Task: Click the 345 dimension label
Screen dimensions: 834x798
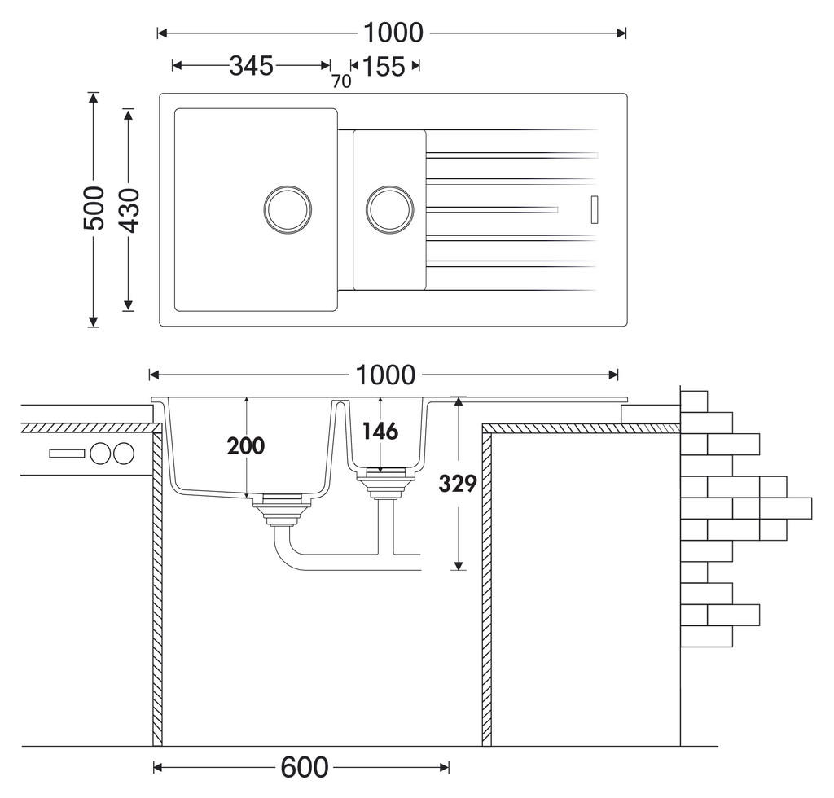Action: (251, 66)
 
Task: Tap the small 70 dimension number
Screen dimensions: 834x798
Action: (341, 81)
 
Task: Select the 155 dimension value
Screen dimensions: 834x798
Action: (384, 67)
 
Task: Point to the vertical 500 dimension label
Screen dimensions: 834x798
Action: (94, 208)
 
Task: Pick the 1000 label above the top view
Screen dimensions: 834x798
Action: (393, 33)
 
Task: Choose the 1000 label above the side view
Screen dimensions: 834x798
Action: (385, 375)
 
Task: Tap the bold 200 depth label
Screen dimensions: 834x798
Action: (246, 446)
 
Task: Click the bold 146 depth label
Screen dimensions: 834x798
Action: (380, 432)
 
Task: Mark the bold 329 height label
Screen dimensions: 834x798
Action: (458, 484)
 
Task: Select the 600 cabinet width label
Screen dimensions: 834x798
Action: (305, 768)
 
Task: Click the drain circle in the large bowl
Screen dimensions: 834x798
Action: (288, 209)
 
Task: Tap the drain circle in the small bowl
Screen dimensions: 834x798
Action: (390, 209)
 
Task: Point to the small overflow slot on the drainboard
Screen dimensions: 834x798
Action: (595, 209)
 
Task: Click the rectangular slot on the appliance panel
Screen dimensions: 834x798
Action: (67, 454)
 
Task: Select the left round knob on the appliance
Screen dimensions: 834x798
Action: (100, 454)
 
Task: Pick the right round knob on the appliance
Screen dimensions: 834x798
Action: (124, 454)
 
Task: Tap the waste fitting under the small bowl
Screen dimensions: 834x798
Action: (385, 483)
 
